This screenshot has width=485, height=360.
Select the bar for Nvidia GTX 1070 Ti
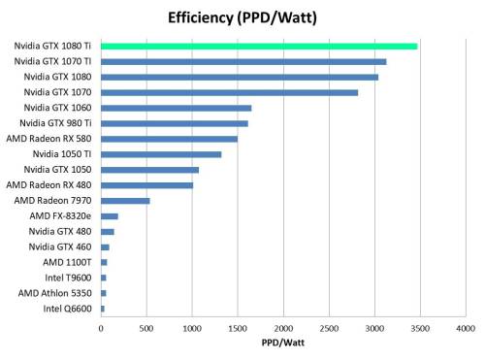[x=243, y=61]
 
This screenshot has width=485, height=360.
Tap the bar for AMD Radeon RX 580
[x=169, y=139]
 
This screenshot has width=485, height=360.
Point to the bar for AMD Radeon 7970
[x=125, y=201]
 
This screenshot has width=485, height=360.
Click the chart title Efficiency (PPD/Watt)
[x=242, y=16]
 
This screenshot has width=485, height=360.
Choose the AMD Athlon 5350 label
[x=55, y=293]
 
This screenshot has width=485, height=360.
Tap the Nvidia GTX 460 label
[x=59, y=246]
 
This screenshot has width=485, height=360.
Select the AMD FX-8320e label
[x=61, y=215]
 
